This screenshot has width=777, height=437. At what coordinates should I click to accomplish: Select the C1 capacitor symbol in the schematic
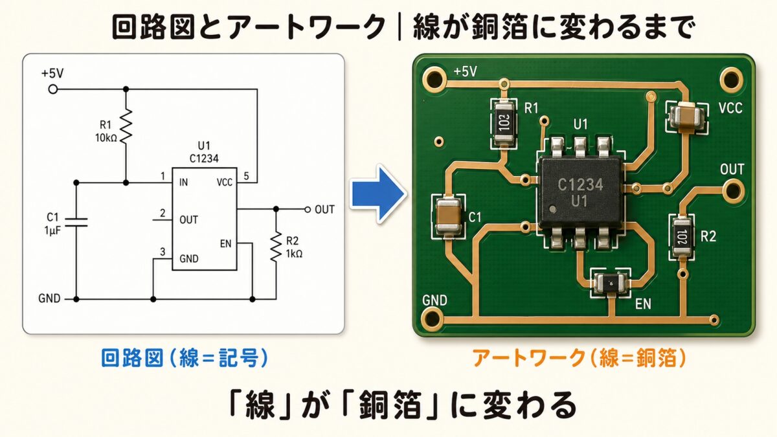pos(76,222)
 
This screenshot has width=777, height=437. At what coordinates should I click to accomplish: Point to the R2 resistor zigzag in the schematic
pos(276,245)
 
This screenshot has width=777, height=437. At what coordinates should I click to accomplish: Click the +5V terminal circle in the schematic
pos(53,89)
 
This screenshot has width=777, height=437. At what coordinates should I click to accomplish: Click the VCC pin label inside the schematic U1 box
pos(225,183)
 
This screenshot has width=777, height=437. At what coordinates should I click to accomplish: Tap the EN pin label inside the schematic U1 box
pos(226,243)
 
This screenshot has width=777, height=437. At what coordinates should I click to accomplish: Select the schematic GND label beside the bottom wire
pos(49,299)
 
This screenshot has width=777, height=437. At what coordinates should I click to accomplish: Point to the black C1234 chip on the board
pos(580,192)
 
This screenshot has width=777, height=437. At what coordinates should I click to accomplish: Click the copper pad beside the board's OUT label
pos(733,190)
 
